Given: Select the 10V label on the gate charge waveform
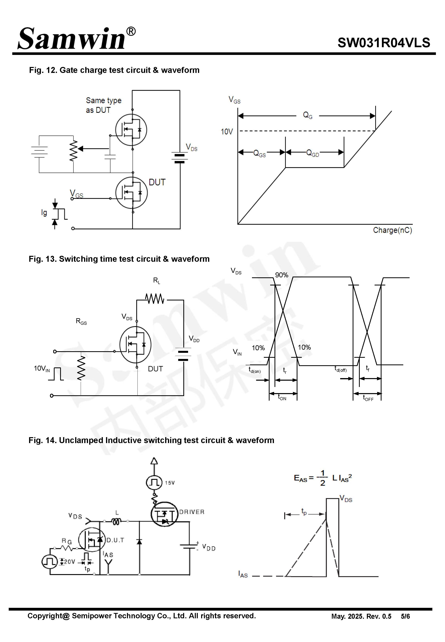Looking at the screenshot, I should tap(226, 132).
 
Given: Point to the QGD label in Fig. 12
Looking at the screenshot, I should tap(312, 153).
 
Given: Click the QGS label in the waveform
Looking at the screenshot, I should tap(259, 153).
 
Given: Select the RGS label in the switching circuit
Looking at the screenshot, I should tap(81, 321).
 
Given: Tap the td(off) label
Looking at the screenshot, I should tap(340, 369).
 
